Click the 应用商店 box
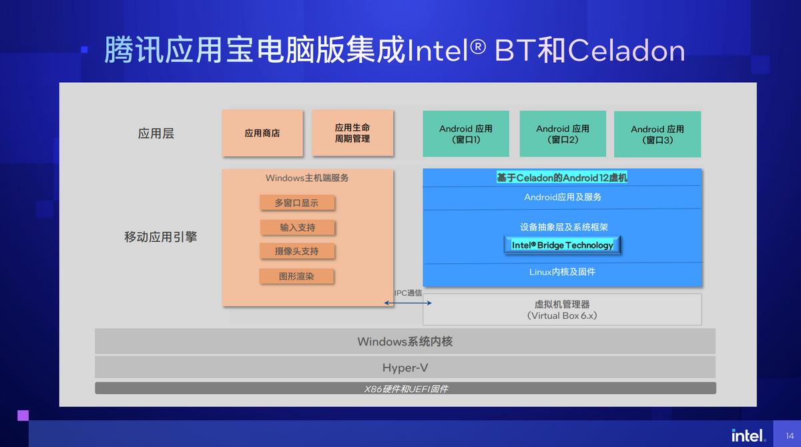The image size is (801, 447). click(x=262, y=133)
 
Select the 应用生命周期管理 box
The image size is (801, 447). click(x=352, y=133)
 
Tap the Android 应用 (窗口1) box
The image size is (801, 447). click(x=466, y=134)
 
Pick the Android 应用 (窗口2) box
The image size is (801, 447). click(x=563, y=134)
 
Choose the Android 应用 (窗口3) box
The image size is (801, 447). click(x=657, y=134)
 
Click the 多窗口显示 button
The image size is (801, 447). click(x=297, y=202)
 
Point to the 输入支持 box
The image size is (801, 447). click(x=298, y=227)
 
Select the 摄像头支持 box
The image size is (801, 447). click(x=297, y=251)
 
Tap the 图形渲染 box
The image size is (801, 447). click(x=296, y=276)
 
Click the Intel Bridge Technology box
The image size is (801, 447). click(x=562, y=245)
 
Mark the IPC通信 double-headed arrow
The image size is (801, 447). click(x=408, y=303)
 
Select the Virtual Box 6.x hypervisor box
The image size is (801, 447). click(x=562, y=309)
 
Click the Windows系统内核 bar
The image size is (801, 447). click(x=405, y=341)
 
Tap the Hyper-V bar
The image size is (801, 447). click(x=405, y=367)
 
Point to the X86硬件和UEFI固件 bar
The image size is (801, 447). click(x=405, y=388)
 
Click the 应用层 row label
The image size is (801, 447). click(x=156, y=134)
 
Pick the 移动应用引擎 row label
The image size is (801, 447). click(x=161, y=237)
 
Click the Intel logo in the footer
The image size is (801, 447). click(x=748, y=435)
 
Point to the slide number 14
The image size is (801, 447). click(x=790, y=436)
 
